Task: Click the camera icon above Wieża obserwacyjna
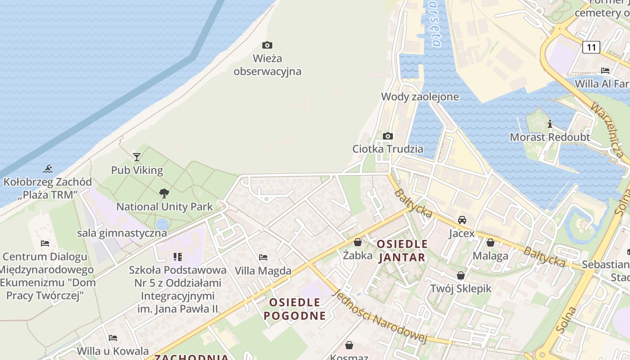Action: point(267,45)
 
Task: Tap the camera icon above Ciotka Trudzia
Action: point(387,136)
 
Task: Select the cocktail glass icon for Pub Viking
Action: point(137,157)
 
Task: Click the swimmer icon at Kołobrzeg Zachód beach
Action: point(48,169)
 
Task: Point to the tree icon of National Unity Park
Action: point(164,193)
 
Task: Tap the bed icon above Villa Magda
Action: point(263,257)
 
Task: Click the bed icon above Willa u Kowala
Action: point(112,338)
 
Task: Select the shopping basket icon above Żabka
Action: point(358,243)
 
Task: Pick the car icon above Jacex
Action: point(462,220)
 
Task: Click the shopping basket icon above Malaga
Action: point(490,243)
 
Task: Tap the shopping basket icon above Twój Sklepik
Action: point(461,275)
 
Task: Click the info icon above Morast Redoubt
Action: point(549,124)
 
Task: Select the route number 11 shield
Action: point(591,47)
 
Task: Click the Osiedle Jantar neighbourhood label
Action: point(402,251)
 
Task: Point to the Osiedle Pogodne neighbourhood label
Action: point(294,309)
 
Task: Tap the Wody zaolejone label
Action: point(420,97)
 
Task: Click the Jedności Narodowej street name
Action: point(379,316)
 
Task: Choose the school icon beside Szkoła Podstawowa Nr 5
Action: point(178,257)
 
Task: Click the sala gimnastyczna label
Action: point(122,233)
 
